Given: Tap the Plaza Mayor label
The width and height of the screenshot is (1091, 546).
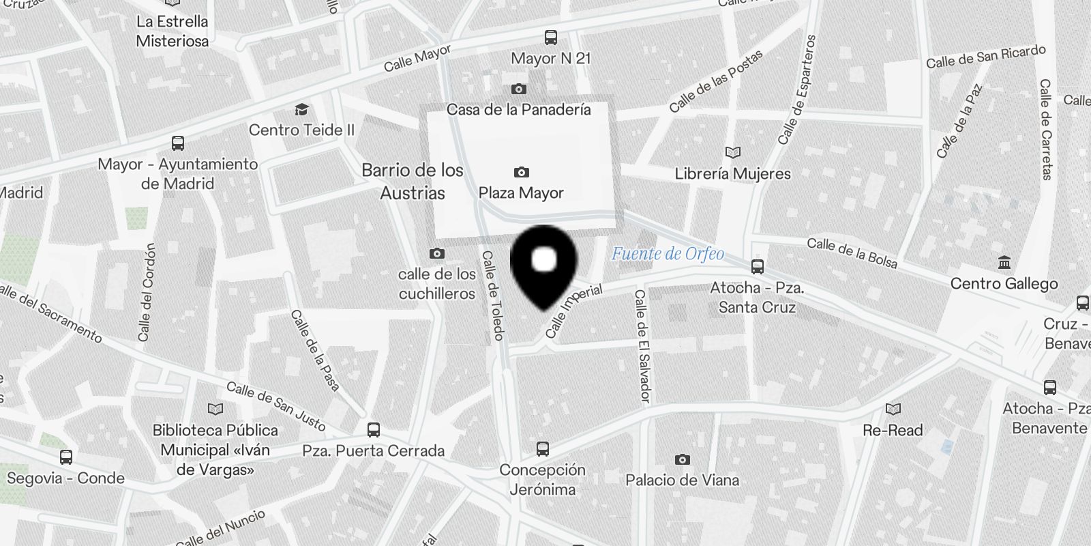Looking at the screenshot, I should pyautogui.click(x=521, y=192).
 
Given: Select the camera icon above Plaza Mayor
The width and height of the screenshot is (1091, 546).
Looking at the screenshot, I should pyautogui.click(x=522, y=172).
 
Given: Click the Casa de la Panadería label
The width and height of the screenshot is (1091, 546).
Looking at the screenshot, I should pyautogui.click(x=518, y=109).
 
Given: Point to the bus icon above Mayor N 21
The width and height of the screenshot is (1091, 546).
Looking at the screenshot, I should pyautogui.click(x=550, y=38).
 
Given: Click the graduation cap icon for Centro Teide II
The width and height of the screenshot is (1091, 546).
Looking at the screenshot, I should pyautogui.click(x=301, y=109).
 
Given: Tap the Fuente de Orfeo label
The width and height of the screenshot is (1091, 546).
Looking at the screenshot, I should pyautogui.click(x=668, y=254).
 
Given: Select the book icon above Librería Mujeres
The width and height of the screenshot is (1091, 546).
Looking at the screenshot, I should pyautogui.click(x=733, y=153).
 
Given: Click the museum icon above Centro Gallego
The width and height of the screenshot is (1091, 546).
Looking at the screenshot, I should pyautogui.click(x=1004, y=263).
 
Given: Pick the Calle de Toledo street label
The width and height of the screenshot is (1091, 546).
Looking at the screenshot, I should pyautogui.click(x=492, y=295).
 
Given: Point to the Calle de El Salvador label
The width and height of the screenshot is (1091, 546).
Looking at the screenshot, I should pyautogui.click(x=642, y=345).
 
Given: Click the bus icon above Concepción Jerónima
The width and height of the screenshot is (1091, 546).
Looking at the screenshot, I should pyautogui.click(x=543, y=449).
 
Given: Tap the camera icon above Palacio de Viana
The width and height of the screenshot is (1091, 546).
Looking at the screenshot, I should pyautogui.click(x=682, y=459).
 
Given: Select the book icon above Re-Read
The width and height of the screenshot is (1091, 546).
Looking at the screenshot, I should pyautogui.click(x=893, y=409).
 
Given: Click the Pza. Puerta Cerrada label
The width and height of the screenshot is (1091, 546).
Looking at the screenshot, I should pyautogui.click(x=374, y=450).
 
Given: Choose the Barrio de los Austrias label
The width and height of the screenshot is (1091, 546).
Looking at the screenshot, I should pyautogui.click(x=413, y=182).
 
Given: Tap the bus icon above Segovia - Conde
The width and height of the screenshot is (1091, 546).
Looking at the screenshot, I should pyautogui.click(x=66, y=457).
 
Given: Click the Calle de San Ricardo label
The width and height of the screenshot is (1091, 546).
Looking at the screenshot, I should pyautogui.click(x=985, y=57).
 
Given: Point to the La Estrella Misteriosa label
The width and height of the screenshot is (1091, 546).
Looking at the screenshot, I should pyautogui.click(x=172, y=31).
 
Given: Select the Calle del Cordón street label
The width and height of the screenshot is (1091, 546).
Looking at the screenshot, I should pyautogui.click(x=147, y=292).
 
